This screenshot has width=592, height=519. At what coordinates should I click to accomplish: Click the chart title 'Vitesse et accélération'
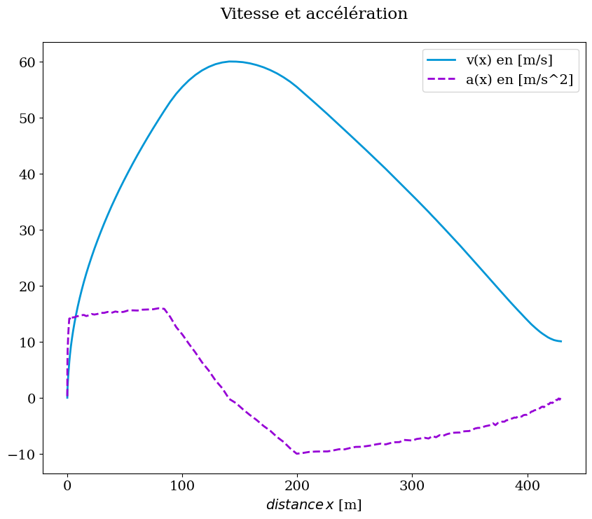(x=314, y=14)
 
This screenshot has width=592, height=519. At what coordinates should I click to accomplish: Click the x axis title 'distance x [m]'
(x=314, y=504)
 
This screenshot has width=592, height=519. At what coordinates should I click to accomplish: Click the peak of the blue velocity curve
(x=232, y=62)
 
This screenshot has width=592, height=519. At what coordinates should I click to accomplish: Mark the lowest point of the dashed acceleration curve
(x=298, y=454)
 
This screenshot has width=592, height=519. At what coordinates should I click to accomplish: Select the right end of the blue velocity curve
(x=560, y=341)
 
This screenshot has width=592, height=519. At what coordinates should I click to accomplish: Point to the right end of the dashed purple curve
(x=560, y=399)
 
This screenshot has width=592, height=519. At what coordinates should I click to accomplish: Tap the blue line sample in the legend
(x=442, y=60)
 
